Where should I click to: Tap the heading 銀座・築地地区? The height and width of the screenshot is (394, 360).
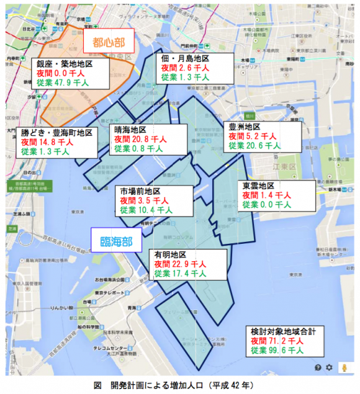click(64, 64)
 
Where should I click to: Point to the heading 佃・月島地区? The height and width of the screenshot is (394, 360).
click(185, 58)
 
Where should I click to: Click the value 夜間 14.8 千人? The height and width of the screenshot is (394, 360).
click(47, 142)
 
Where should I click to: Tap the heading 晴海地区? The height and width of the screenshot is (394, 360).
click(130, 130)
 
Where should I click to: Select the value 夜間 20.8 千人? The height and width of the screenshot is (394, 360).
click(138, 140)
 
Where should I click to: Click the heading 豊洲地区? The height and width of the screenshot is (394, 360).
click(245, 126)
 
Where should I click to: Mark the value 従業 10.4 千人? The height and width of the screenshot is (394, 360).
click(146, 210)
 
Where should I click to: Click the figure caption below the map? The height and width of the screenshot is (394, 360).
click(180, 385)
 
